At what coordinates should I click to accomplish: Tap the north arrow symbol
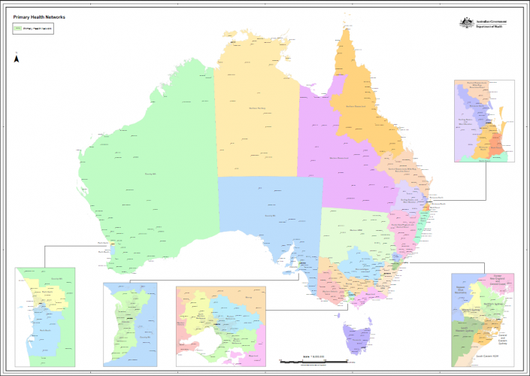[x=17, y=58]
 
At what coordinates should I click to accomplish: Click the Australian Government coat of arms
[x=466, y=23]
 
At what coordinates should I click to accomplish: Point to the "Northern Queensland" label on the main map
[x=355, y=106]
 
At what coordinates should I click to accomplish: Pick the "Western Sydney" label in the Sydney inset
[x=471, y=309]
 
